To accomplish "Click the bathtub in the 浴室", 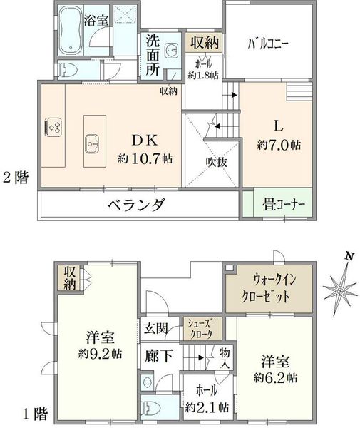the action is click(71, 31).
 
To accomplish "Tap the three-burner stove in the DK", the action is click(53, 127).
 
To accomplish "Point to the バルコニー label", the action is click(268, 44).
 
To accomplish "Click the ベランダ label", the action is click(136, 205).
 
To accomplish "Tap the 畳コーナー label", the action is click(284, 205).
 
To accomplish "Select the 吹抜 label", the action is click(216, 163).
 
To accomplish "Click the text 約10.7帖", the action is click(145, 158).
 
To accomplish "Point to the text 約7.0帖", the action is click(279, 145).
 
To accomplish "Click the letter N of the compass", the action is click(349, 256).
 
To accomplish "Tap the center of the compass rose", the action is click(340, 291).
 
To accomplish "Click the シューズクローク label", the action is click(202, 329).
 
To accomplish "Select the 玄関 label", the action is click(155, 328).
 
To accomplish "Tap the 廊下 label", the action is click(159, 356).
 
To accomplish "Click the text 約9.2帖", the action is click(100, 354).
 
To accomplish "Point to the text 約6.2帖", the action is click(276, 378).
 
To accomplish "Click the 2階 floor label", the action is click(16, 178).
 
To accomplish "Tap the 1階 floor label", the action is click(35, 413).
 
